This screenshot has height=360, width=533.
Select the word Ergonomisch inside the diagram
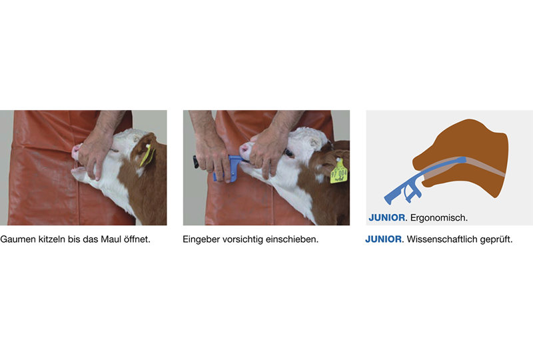pos(439,218)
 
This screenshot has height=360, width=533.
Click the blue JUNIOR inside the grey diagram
pos(387,218)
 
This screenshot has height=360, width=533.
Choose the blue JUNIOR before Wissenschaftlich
pos(384,239)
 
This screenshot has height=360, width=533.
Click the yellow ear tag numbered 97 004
pos(339,172)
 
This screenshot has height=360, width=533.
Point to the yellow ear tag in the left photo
pos(147,155)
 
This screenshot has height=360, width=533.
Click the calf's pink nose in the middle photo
pos(244,151)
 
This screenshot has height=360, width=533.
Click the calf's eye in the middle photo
pos(290,153)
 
